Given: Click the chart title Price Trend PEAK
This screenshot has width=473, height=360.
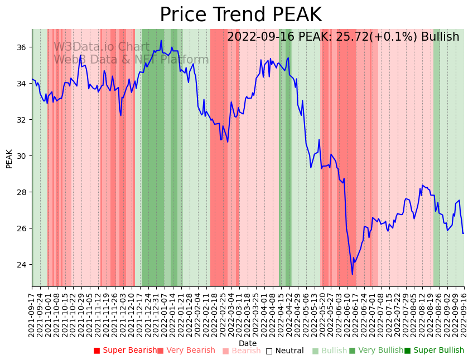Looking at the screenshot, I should click(x=240, y=14).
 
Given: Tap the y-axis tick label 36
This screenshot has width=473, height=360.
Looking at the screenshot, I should click(x=22, y=47).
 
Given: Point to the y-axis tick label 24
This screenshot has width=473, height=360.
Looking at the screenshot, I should click(x=22, y=265).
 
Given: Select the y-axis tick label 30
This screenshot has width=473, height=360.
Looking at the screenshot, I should click(x=22, y=156).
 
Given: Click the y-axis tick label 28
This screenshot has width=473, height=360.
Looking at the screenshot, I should click(x=22, y=192).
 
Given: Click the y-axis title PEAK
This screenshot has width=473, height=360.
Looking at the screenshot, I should click(x=9, y=158).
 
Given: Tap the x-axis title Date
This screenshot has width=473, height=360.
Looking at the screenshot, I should click(x=248, y=343).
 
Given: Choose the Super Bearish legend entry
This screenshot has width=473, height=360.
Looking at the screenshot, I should click(x=126, y=351).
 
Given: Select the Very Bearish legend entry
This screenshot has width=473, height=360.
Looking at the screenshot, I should click(x=186, y=351).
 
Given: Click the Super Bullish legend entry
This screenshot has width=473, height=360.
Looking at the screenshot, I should click(x=435, y=351).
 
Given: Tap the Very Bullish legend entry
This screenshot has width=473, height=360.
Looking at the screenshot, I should click(x=376, y=351).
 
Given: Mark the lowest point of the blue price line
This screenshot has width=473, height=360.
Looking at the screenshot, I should click(x=352, y=274).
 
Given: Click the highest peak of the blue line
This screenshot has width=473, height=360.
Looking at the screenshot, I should click(x=161, y=40).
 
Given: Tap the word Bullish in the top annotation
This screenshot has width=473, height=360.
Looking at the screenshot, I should click(x=440, y=37).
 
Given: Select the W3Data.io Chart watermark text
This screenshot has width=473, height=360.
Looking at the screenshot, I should click(x=102, y=47).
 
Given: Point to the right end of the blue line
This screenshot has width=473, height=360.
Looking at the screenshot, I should click(x=463, y=233).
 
